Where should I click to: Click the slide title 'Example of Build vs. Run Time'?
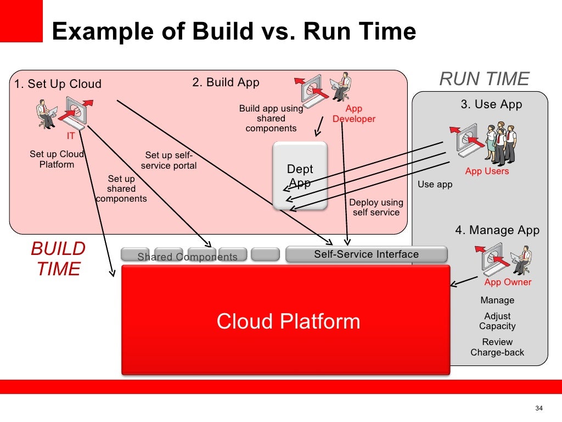point(234,31)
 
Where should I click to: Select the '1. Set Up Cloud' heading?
point(58,84)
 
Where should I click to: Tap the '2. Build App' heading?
point(226,82)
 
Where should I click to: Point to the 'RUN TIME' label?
point(484,79)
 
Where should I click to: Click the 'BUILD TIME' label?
point(58,259)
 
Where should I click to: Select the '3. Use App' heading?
point(491,104)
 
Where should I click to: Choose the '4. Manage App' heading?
point(497,230)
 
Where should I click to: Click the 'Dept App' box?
point(300,176)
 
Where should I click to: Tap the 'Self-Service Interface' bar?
point(366,254)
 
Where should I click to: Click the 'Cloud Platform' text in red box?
point(288,321)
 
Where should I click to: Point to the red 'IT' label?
point(71,136)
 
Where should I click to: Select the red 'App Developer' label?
point(354,114)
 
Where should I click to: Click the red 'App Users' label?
point(487,171)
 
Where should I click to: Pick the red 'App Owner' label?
point(508,282)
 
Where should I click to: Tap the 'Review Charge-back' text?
point(497,347)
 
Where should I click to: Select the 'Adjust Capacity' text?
point(497,321)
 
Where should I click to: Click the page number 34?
point(538,408)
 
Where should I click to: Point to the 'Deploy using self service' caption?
point(376,207)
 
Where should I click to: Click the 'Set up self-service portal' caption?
point(168,160)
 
